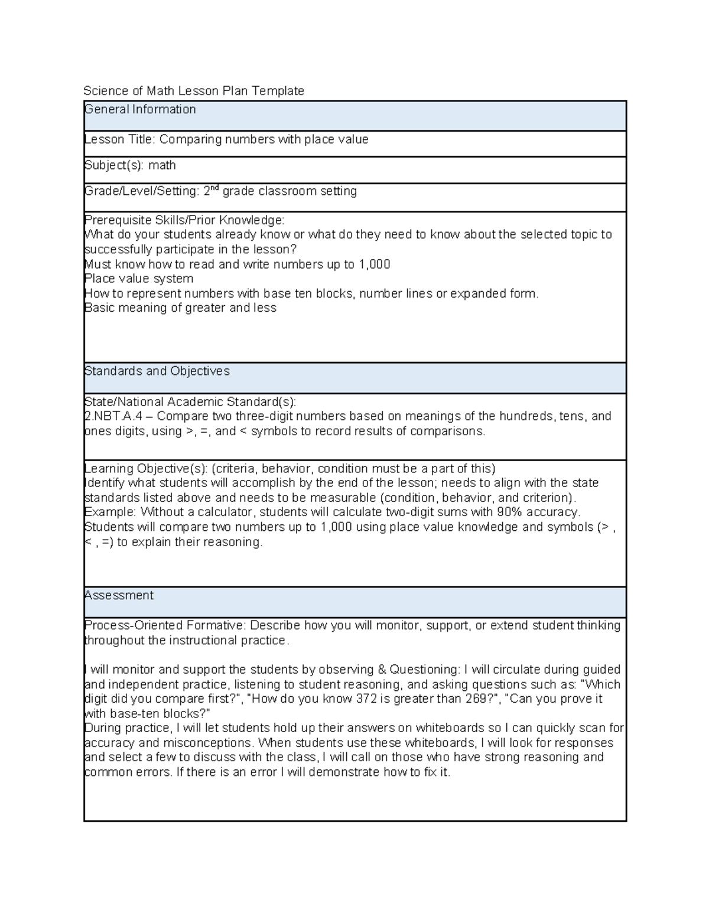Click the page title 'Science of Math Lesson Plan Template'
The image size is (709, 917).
pyautogui.click(x=194, y=91)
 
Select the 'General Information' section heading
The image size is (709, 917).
pyautogui.click(x=140, y=109)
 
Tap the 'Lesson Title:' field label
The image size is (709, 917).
pyautogui.click(x=120, y=139)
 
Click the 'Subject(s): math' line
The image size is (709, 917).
pyautogui.click(x=130, y=165)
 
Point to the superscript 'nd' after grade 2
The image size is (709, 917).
pyautogui.click(x=216, y=188)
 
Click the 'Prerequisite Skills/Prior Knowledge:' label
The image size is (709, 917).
pyautogui.click(x=184, y=220)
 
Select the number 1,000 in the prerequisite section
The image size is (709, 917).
pyautogui.click(x=374, y=264)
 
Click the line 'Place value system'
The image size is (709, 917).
pyautogui.click(x=139, y=279)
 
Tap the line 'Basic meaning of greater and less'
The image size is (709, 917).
pyautogui.click(x=180, y=308)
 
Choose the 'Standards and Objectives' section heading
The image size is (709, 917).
pyautogui.click(x=157, y=371)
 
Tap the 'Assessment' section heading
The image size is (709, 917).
pyautogui.click(x=119, y=595)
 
